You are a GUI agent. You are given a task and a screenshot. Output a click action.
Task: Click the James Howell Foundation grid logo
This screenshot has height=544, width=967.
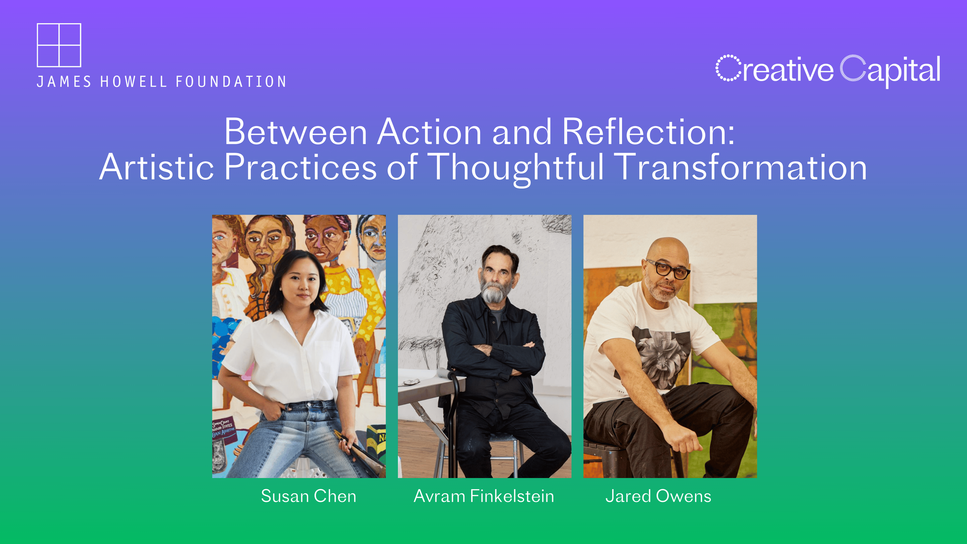(x=59, y=45)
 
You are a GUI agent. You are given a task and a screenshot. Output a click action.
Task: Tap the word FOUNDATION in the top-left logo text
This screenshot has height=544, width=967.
(x=231, y=82)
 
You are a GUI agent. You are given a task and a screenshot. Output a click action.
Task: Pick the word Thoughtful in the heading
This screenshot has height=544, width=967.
(x=517, y=169)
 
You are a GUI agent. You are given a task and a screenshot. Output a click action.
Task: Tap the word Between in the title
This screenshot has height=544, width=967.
(x=296, y=132)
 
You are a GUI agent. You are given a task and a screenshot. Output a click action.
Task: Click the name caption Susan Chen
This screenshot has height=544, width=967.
(x=308, y=496)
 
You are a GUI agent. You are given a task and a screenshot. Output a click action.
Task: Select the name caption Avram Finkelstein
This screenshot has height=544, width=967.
(x=484, y=496)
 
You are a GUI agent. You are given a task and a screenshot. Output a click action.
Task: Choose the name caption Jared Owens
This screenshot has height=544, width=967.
(x=658, y=496)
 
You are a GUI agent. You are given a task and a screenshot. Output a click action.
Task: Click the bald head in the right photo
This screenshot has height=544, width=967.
(x=667, y=251)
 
